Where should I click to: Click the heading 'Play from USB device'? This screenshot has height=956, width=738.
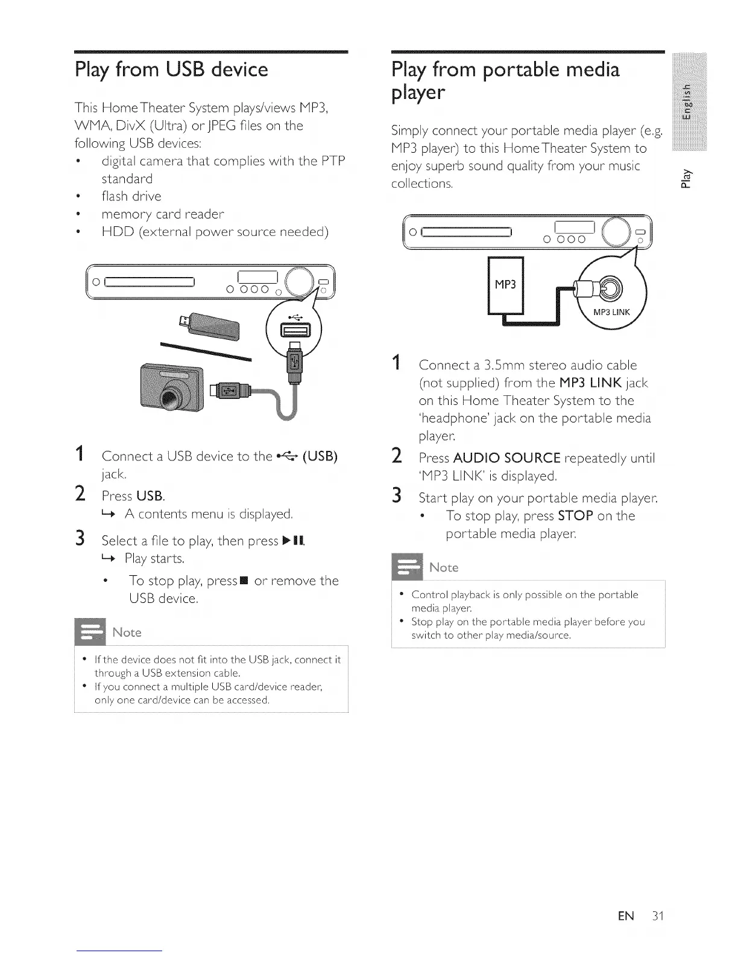171,69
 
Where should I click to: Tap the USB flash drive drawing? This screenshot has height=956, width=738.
211,327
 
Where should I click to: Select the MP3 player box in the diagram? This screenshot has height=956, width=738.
505,284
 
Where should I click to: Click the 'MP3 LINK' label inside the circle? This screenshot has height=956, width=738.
611,312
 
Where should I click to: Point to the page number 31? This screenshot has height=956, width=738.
657,916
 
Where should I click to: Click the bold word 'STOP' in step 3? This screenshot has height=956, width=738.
576,516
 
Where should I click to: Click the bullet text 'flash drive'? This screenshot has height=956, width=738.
131,196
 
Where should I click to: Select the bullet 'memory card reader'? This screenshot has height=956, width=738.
162,214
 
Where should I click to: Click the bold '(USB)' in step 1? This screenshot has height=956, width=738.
319,456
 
